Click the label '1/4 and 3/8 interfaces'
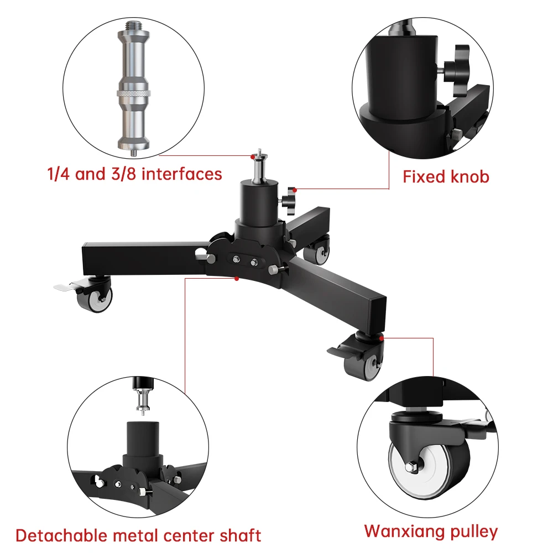(134, 174)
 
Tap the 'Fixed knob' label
(446, 177)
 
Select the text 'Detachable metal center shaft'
(138, 535)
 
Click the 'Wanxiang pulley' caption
(431, 532)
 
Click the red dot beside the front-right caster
(382, 336)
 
